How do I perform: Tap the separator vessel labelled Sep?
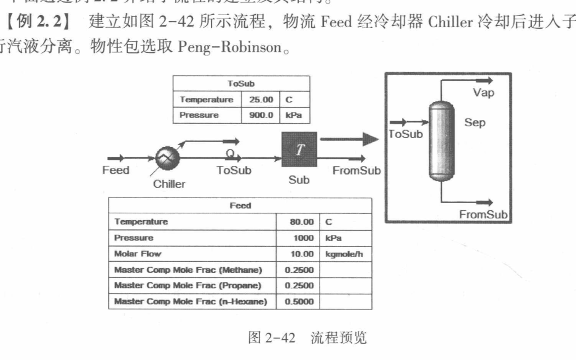click(x=441, y=140)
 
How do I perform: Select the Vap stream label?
click(x=483, y=92)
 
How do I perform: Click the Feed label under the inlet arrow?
click(x=116, y=170)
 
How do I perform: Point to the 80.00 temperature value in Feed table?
click(x=302, y=222)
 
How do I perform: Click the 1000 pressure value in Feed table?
click(x=305, y=237)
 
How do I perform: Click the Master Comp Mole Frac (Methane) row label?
click(x=188, y=270)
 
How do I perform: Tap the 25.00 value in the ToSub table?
click(x=261, y=100)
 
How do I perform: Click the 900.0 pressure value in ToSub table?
click(x=261, y=115)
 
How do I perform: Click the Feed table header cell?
click(x=240, y=206)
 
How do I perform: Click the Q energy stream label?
click(x=229, y=150)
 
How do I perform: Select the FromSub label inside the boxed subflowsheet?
click(x=483, y=214)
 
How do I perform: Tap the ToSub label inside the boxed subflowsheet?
click(x=406, y=134)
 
